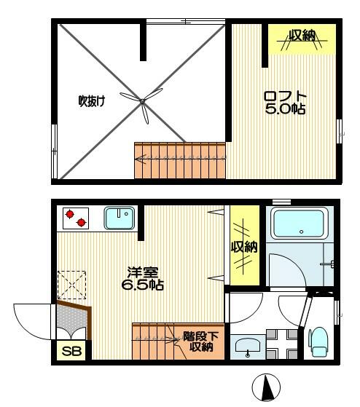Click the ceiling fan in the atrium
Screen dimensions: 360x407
[142, 101]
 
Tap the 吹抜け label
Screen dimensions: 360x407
[92, 100]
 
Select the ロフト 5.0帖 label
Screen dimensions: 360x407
[285, 103]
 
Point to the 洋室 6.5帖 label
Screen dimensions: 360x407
[143, 279]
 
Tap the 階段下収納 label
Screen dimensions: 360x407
[201, 341]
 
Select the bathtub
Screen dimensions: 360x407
[300, 224]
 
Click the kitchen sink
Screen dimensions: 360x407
[120, 218]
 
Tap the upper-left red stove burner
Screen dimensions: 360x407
[70, 214]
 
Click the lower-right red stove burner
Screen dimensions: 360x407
[82, 223]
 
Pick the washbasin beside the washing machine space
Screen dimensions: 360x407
[248, 347]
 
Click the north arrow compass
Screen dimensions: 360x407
[266, 387]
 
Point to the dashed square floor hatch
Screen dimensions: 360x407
[72, 285]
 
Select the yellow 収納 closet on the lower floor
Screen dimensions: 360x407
[245, 245]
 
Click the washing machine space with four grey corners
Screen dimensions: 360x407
[282, 344]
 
